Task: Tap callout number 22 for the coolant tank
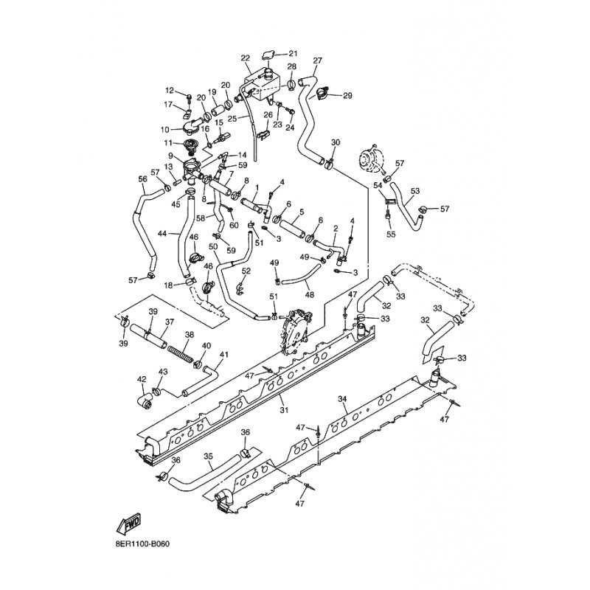pos(245,58)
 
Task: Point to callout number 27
pos(318,60)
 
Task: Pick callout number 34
pos(342,399)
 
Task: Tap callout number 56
pos(143,179)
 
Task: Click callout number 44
pos(162,234)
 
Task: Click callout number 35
pos(208,457)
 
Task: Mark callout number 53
pos(414,191)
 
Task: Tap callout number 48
pos(309,296)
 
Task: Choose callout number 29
pos(347,96)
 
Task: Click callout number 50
pos(213,247)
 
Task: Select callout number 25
pos(232,119)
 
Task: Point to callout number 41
pos(224,355)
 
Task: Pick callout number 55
pos(391,234)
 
